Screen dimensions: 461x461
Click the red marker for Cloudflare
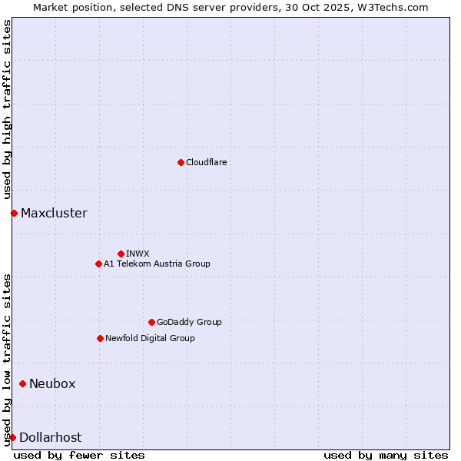point(181,162)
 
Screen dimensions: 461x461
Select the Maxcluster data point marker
point(14,213)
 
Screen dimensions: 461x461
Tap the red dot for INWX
point(121,254)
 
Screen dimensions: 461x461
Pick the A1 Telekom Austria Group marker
point(98,264)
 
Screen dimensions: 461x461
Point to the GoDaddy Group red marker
point(151,322)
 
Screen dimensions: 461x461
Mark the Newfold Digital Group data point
point(100,338)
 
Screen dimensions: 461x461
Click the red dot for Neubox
point(22,383)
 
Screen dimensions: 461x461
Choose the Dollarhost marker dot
point(12,437)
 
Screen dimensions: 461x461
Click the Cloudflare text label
point(206,162)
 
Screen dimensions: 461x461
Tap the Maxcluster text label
point(54,213)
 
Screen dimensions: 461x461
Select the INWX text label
point(138,254)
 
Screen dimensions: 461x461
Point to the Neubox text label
point(52,383)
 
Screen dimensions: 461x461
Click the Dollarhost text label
point(50,437)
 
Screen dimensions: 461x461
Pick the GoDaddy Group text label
point(189,322)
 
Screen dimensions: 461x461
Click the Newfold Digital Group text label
point(150,338)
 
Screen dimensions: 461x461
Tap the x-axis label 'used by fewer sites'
point(79,455)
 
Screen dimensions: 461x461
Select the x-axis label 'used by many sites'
point(386,455)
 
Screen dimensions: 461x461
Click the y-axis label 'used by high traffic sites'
point(8,110)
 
